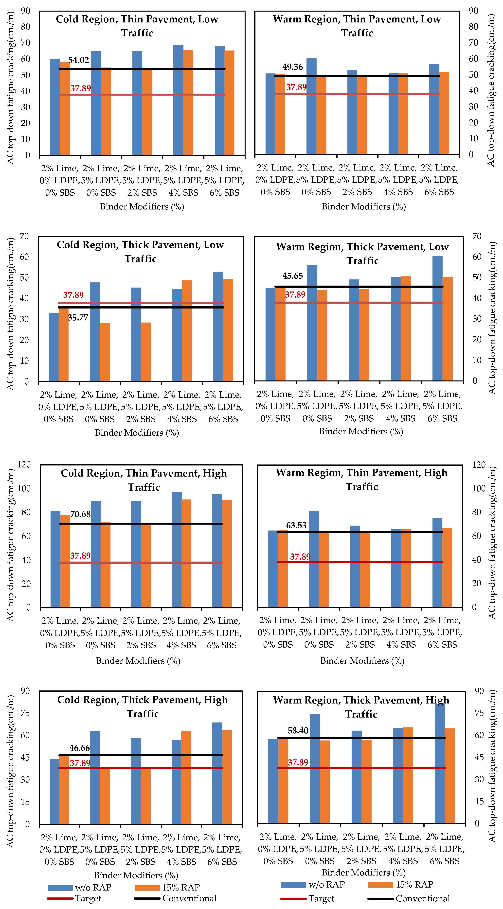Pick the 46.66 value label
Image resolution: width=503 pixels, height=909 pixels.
coord(79,748)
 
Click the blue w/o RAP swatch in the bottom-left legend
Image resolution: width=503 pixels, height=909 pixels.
coord(60,888)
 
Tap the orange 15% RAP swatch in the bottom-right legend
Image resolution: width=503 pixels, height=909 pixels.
coord(380,885)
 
